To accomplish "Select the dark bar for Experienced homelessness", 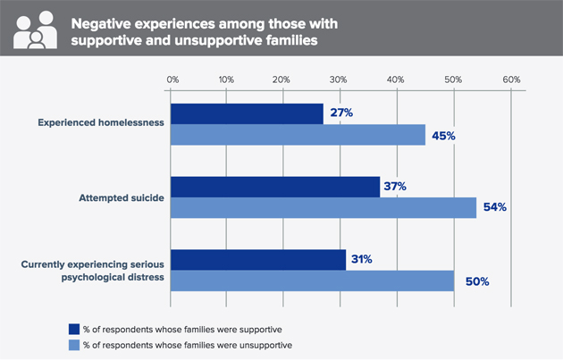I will [x=247, y=113].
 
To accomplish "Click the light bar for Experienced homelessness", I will [x=298, y=135].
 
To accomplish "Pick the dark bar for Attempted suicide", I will [x=275, y=186].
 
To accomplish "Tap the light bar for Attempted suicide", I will [x=324, y=207].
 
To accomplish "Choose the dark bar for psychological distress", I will [x=258, y=259].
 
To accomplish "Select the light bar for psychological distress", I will [x=312, y=280].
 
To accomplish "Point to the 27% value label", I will [x=341, y=113].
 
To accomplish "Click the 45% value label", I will [x=443, y=136].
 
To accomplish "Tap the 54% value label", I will [x=494, y=207].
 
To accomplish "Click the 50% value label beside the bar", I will [x=477, y=281].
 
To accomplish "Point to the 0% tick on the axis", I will [x=172, y=80].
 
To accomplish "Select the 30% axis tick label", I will [x=340, y=80].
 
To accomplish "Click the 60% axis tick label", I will [x=511, y=80].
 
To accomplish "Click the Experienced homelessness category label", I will [x=101, y=123].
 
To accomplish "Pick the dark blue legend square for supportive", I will [x=74, y=327].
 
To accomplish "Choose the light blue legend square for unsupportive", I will [x=74, y=343].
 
